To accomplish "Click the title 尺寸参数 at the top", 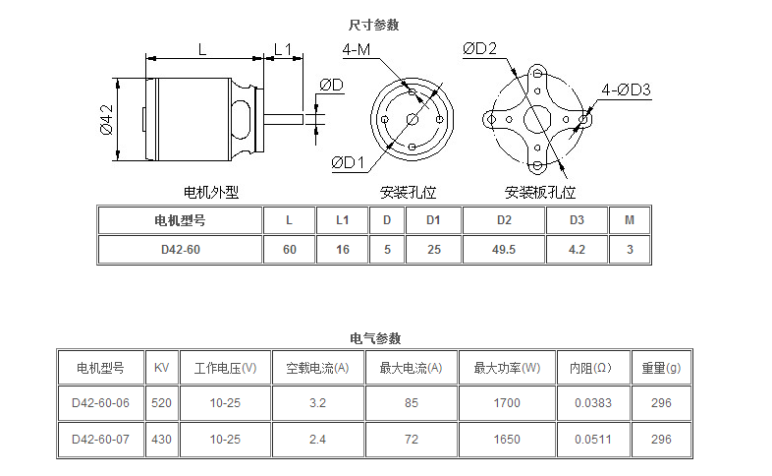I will click(374, 25).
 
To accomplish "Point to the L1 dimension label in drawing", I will click(283, 48).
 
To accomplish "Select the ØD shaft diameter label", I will click(331, 86).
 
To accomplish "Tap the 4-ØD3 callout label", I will click(628, 89).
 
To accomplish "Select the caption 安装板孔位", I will click(540, 192).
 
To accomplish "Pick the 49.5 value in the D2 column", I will click(503, 250).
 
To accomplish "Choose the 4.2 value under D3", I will click(577, 250).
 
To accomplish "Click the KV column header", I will click(161, 369).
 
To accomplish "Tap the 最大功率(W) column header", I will click(507, 369).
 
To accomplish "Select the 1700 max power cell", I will click(507, 403).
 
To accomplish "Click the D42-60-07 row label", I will click(100, 439).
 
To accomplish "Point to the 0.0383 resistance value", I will click(592, 403).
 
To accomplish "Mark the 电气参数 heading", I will click(374, 337).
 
